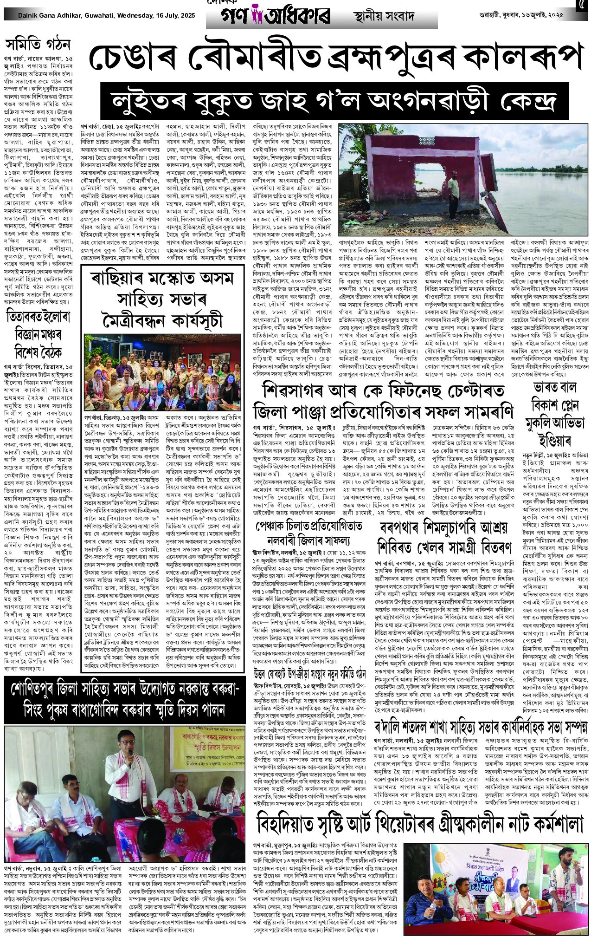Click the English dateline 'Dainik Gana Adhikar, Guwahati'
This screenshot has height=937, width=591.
coord(70,16)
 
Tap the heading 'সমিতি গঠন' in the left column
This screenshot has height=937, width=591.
coord(38,45)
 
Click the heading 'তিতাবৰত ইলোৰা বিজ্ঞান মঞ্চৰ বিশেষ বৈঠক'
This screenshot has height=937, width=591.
coord(38,334)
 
